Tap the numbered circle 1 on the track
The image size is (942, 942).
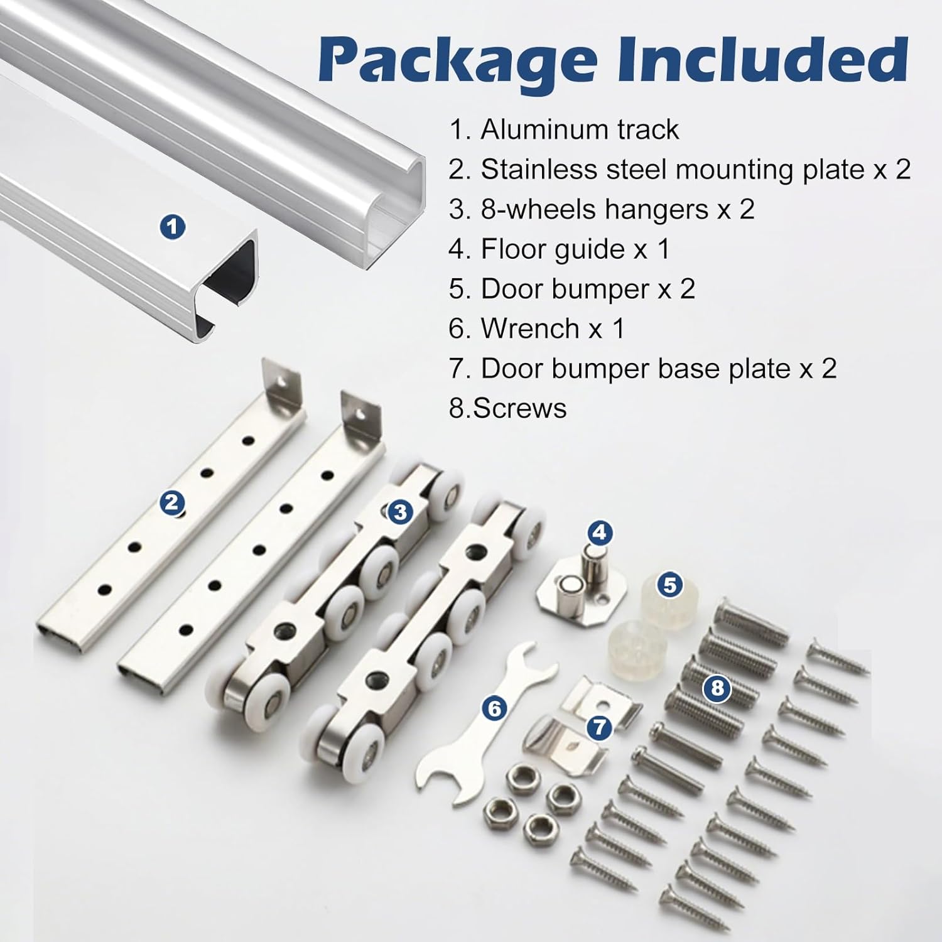pos(173,226)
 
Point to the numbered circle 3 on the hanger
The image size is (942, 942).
pos(400,512)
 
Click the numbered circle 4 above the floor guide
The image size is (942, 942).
pos(600,533)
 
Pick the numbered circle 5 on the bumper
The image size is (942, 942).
pos(670,585)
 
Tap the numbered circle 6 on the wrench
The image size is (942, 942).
pos(495,708)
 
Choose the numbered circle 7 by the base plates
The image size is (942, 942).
pos(600,728)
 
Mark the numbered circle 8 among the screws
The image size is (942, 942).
pos(717,688)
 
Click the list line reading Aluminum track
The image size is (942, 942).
pos(564,130)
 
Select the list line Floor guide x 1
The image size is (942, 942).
pos(559,249)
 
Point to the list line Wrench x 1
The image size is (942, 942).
pos(536,328)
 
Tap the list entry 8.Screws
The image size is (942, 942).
pos(507,408)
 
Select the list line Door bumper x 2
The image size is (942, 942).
pos(571,289)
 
